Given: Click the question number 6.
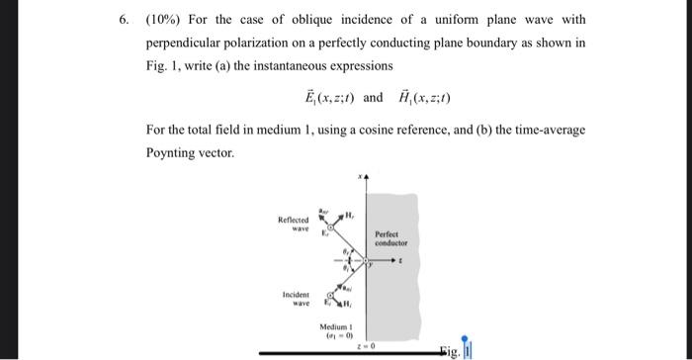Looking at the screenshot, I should [x=123, y=19].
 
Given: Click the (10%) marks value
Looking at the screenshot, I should [x=162, y=19].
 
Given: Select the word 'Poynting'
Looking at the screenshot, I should [x=176, y=153].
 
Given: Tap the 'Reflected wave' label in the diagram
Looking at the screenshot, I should [x=297, y=225].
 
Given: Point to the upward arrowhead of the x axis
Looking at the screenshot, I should [x=368, y=179].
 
